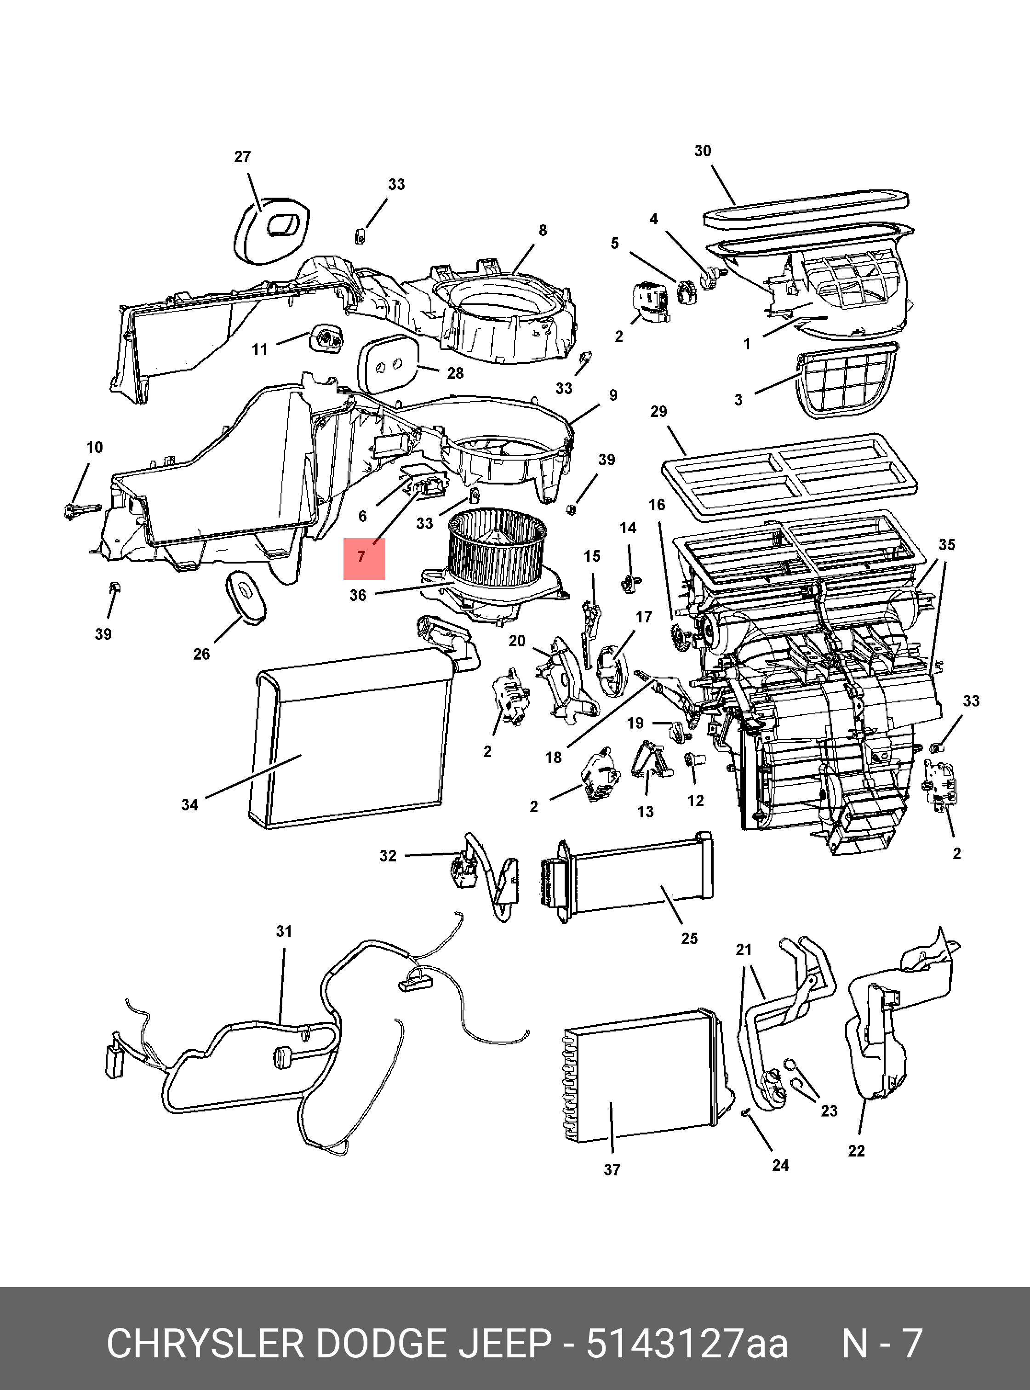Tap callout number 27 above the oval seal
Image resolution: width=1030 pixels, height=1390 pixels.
point(242,157)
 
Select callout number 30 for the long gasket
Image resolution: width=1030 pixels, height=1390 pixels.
point(703,151)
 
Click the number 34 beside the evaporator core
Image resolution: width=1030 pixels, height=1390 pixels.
point(189,805)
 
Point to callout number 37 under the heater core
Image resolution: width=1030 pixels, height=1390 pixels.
point(612,1170)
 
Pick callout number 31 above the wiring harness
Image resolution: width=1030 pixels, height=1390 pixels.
point(284,931)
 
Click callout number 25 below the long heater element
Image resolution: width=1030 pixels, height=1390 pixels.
point(689,939)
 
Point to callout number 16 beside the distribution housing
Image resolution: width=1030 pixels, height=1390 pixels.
point(657,504)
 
